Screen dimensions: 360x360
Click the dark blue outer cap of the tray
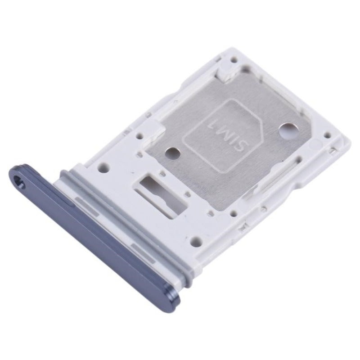90,229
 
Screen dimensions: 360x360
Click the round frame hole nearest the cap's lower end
195,242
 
